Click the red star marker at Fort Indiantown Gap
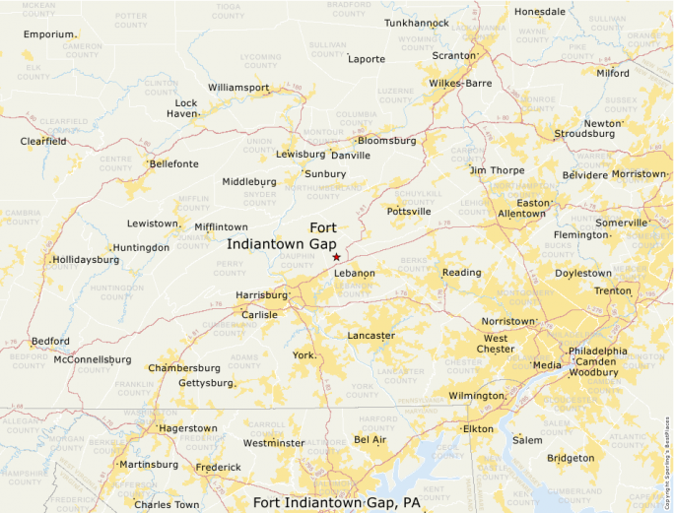(x=336, y=257)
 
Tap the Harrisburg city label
(x=262, y=295)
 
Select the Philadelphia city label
(x=597, y=351)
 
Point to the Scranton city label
(x=453, y=55)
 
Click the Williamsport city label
(x=238, y=88)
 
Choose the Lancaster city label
(x=371, y=336)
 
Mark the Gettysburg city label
(x=205, y=382)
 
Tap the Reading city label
(x=461, y=273)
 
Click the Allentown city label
(x=521, y=214)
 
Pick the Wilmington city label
(x=475, y=396)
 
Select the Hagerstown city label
(x=188, y=428)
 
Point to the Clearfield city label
(x=43, y=141)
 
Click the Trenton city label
(x=612, y=291)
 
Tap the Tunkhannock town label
(x=417, y=23)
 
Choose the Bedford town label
(x=50, y=342)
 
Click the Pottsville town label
(x=409, y=212)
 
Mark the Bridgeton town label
(x=571, y=458)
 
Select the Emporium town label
(x=49, y=33)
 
